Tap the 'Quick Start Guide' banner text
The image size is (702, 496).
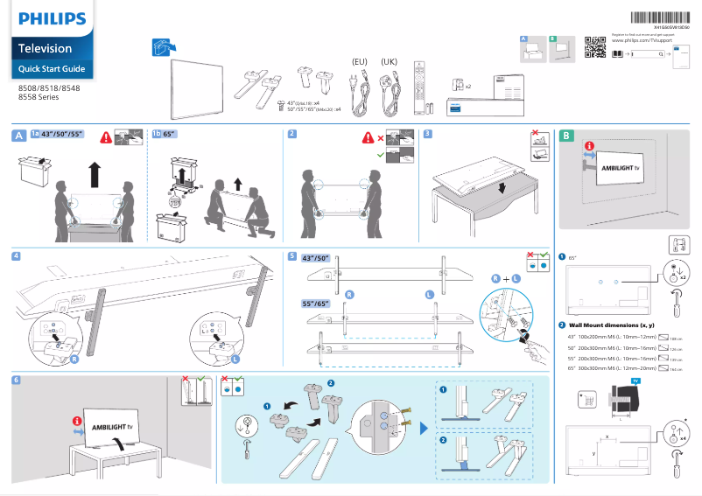[52, 68]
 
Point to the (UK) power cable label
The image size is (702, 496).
[390, 61]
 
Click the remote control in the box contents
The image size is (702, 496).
[422, 84]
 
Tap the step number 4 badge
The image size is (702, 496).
[17, 256]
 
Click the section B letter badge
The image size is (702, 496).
[566, 136]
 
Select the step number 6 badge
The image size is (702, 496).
[17, 381]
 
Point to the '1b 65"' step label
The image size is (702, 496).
[164, 135]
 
